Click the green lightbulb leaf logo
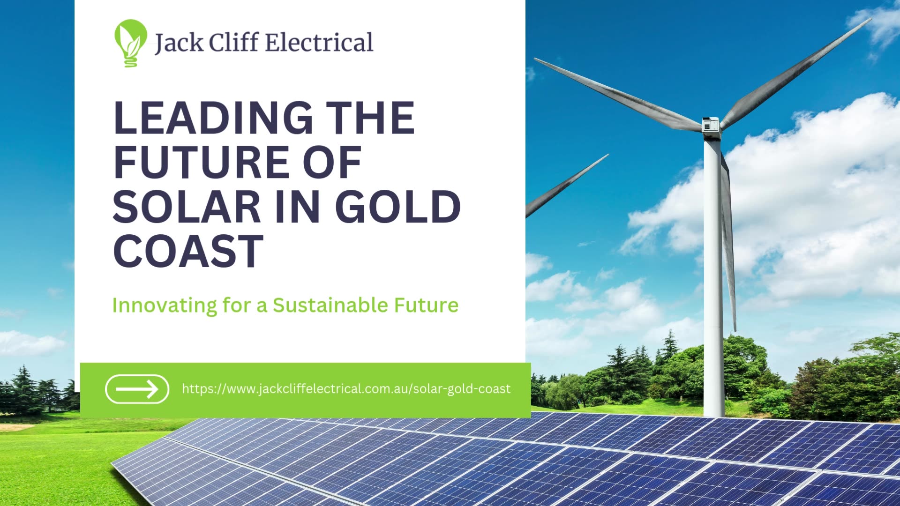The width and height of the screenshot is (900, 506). click(x=130, y=43)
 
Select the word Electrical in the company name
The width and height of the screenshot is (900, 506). click(x=319, y=43)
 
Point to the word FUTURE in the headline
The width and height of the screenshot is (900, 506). click(x=202, y=162)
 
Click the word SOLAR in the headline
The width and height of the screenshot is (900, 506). click(x=187, y=207)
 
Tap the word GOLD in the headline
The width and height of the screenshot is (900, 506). click(x=399, y=207)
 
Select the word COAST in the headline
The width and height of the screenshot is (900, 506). click(x=188, y=251)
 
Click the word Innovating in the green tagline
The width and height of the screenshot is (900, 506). click(x=165, y=305)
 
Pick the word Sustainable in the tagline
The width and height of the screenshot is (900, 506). click(x=330, y=305)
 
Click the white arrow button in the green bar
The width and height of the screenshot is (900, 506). click(x=137, y=389)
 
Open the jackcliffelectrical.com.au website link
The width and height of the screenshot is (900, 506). click(x=346, y=389)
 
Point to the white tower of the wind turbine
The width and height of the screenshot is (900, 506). click(x=713, y=281)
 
